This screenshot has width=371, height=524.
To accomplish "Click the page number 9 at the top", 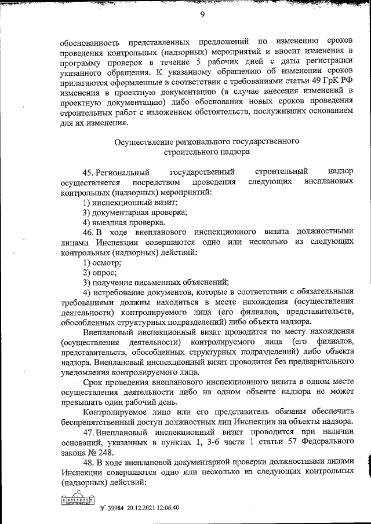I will coord(203,16).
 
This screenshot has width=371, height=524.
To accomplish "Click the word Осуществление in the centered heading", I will coord(142,141).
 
